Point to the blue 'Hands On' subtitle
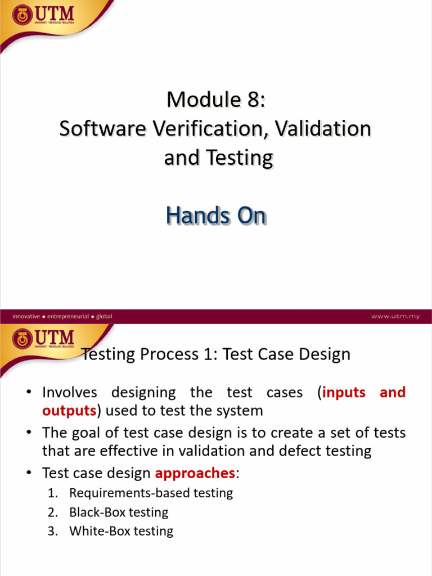[215, 215]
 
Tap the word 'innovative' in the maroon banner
[26, 316]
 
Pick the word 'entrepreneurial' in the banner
[68, 316]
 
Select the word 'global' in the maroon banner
[104, 316]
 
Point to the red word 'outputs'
[69, 411]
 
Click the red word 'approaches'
[195, 474]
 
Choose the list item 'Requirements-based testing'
[151, 493]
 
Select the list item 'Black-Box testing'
[119, 512]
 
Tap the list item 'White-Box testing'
[121, 531]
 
